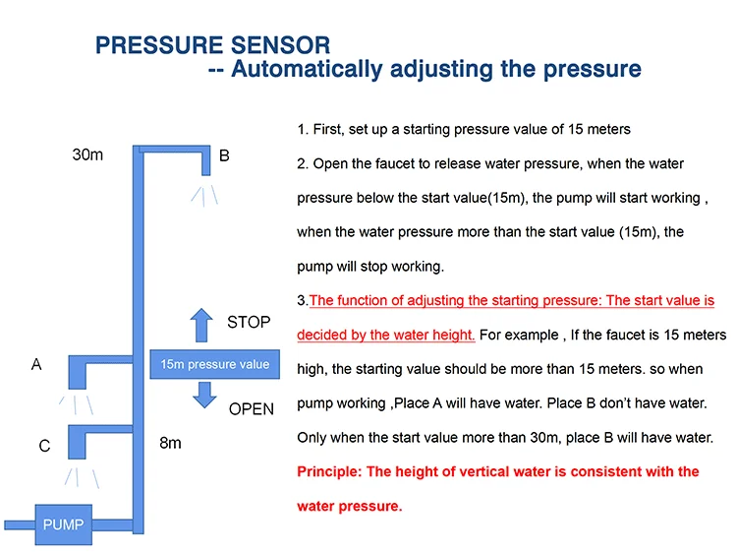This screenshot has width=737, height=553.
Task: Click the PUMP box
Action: (x=64, y=524)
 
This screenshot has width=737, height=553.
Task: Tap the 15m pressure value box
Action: (x=215, y=364)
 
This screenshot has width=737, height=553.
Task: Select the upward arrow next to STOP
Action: (x=201, y=325)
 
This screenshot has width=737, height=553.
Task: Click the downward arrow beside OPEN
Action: (x=204, y=395)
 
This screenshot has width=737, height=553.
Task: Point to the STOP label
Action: (x=249, y=323)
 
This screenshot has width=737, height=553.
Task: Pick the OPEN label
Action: (x=251, y=409)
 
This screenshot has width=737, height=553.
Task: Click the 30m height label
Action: (x=87, y=154)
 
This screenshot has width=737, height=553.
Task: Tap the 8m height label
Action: (x=170, y=443)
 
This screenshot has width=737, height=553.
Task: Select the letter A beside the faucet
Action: (x=36, y=364)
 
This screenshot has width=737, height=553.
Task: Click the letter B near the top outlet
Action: (x=224, y=155)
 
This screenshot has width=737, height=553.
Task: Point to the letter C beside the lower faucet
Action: (x=44, y=446)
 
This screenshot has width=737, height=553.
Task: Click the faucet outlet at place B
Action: (x=206, y=162)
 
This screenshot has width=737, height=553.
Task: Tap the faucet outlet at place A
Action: (x=78, y=372)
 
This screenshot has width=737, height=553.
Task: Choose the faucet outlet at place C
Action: (x=77, y=442)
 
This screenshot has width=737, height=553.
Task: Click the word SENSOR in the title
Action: (x=280, y=45)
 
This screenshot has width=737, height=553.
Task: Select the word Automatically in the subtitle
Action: (x=307, y=69)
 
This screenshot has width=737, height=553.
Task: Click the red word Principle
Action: (x=329, y=471)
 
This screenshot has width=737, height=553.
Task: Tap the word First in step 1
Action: (x=328, y=129)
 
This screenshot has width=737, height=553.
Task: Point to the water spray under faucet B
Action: (x=204, y=196)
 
